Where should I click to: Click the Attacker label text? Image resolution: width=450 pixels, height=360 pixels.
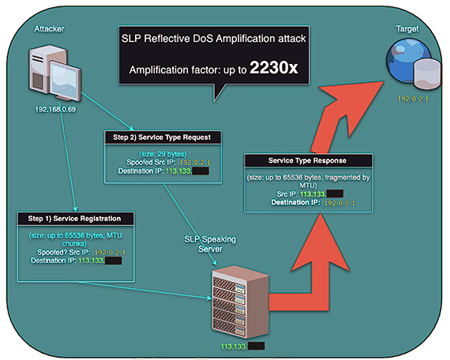[49, 29]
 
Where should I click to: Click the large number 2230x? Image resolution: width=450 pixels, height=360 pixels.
[273, 69]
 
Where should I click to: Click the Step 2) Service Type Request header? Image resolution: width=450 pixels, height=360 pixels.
[162, 137]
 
